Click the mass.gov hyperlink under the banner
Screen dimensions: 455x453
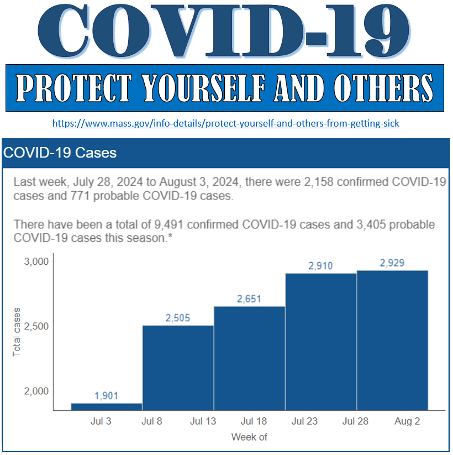pyautogui.click(x=225, y=123)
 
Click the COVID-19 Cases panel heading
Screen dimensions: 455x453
pyautogui.click(x=60, y=153)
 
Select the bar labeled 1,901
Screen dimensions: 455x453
pyautogui.click(x=107, y=406)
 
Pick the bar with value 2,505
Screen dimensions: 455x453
pyautogui.click(x=178, y=368)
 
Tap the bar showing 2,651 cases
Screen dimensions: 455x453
pyautogui.click(x=249, y=358)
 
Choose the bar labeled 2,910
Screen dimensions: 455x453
pyautogui.click(x=320, y=342)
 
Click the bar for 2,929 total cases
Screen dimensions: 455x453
pyautogui.click(x=392, y=340)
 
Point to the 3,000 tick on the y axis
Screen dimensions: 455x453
pyautogui.click(x=38, y=261)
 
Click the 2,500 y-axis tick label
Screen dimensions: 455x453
pyautogui.click(x=38, y=326)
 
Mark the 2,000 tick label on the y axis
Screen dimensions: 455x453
pyautogui.click(x=38, y=391)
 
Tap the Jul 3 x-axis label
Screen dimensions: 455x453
pyautogui.click(x=101, y=421)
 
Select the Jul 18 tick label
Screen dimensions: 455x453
pyautogui.click(x=254, y=421)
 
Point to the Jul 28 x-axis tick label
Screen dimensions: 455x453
pyautogui.click(x=355, y=421)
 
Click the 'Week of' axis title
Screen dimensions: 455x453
pyautogui.click(x=249, y=437)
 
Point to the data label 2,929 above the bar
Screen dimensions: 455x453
pyautogui.click(x=392, y=263)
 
